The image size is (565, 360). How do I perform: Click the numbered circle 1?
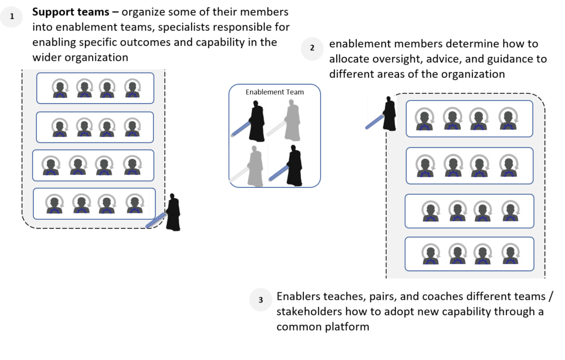coord(12,17)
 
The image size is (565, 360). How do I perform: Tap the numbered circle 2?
coord(312,48)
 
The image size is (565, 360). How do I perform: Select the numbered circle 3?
coord(260,300)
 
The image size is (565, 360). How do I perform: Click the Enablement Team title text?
coord(274,92)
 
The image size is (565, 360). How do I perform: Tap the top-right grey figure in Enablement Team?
coord(292,121)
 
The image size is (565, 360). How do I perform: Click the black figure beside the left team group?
coord(173,212)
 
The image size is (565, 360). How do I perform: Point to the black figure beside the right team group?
coord(390,114)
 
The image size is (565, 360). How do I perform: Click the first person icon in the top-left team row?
coord(60,88)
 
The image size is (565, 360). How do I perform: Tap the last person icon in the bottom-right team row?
coord(509,255)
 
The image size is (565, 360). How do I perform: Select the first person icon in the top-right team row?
coord(425,119)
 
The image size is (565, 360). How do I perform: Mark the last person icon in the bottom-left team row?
coord(135,204)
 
